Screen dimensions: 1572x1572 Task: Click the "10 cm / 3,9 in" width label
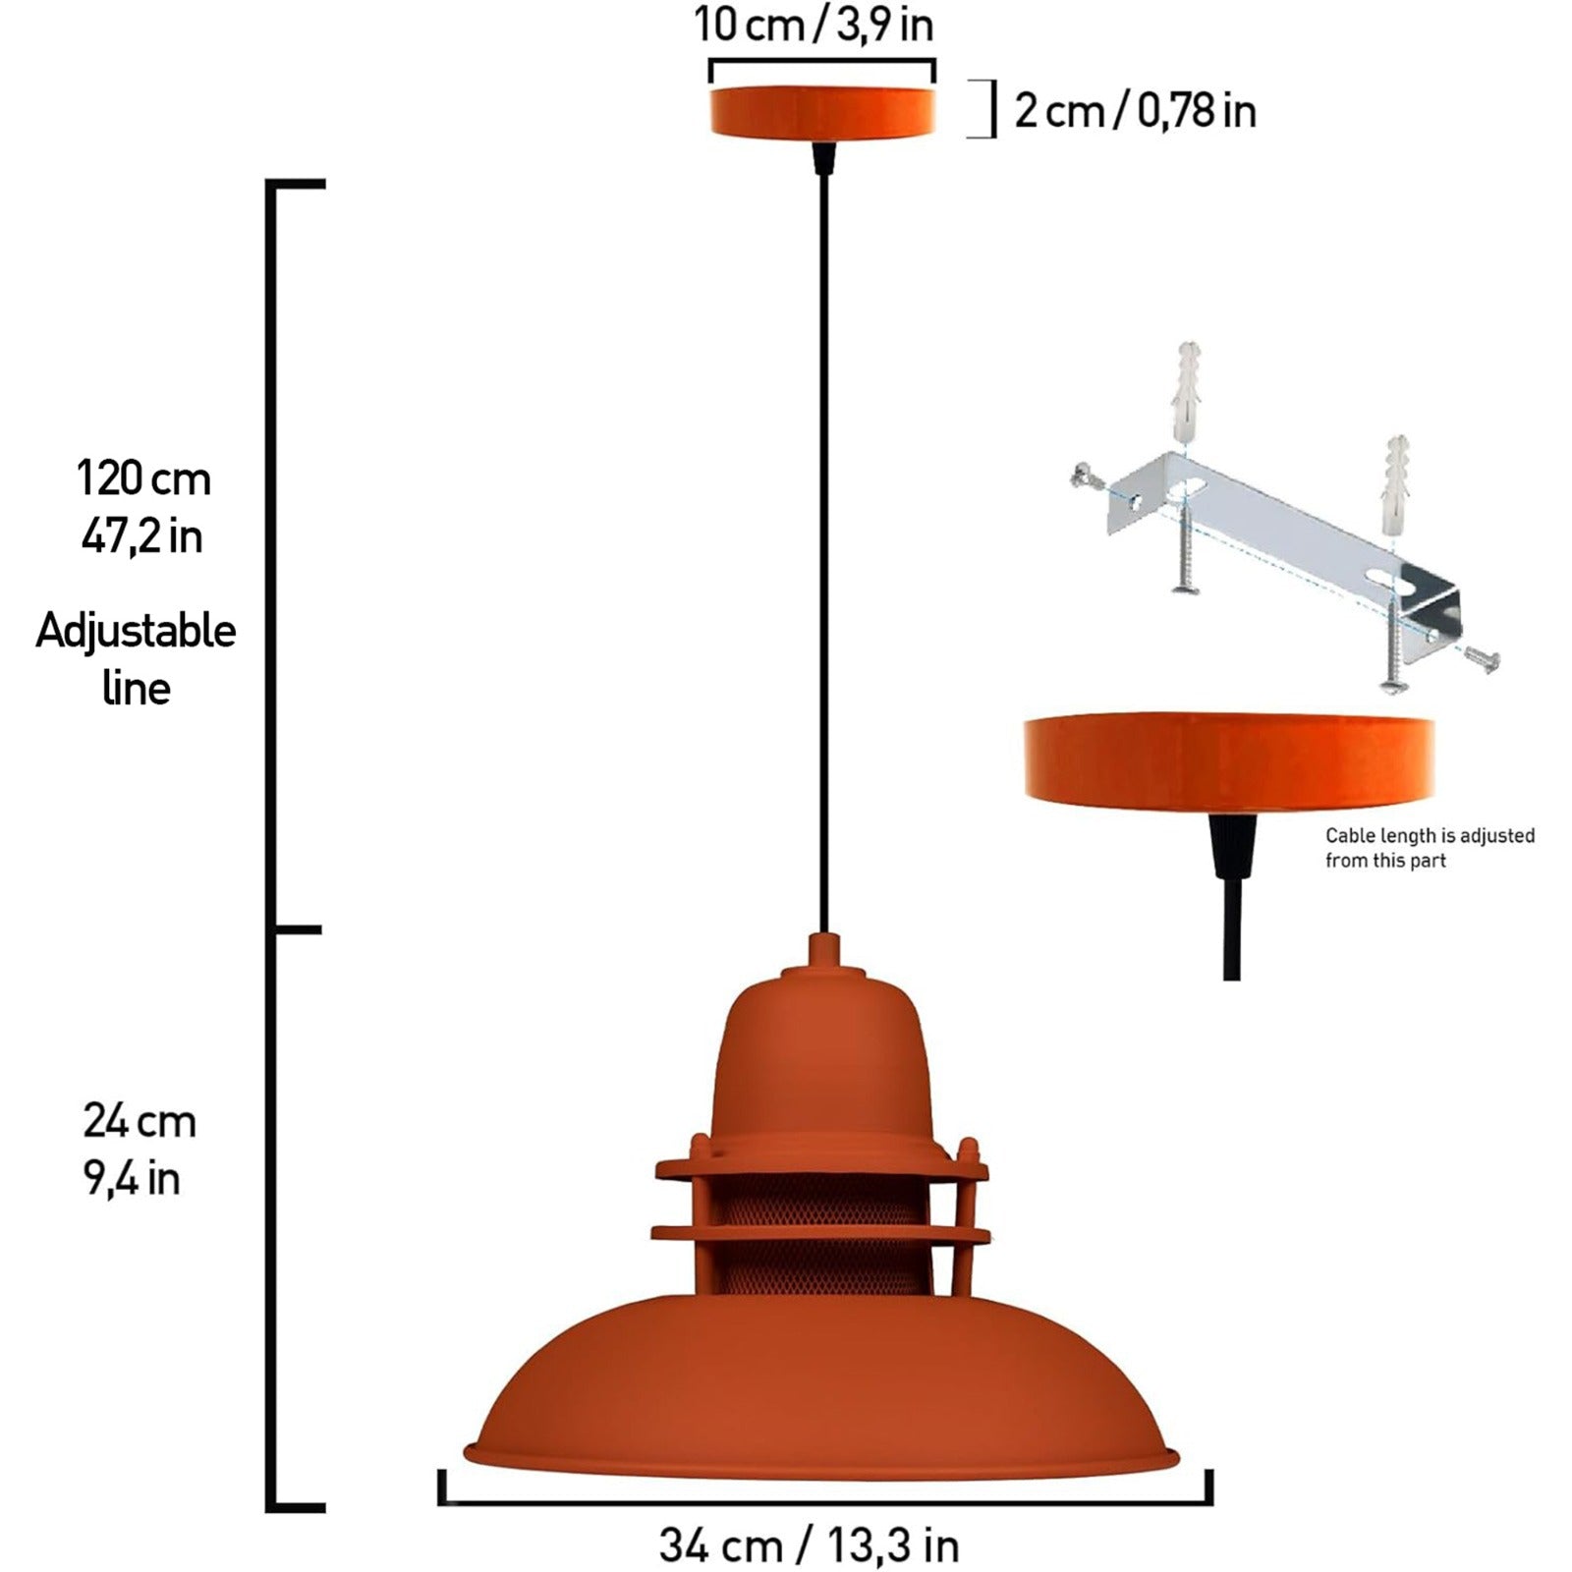click(x=814, y=25)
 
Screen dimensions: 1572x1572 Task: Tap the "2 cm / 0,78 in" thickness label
click(x=1135, y=111)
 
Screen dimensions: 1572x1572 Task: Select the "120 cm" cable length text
click(x=143, y=479)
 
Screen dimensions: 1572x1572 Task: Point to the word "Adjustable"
click(x=136, y=631)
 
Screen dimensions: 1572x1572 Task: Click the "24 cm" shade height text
click(x=140, y=1121)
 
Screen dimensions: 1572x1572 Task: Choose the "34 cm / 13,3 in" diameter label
click(x=809, y=1545)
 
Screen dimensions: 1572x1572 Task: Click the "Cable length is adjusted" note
click(x=1430, y=835)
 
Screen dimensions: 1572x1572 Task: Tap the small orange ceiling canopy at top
click(x=822, y=111)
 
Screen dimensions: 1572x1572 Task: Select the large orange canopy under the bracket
click(x=1228, y=761)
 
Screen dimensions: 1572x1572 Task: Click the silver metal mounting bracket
click(x=1287, y=545)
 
